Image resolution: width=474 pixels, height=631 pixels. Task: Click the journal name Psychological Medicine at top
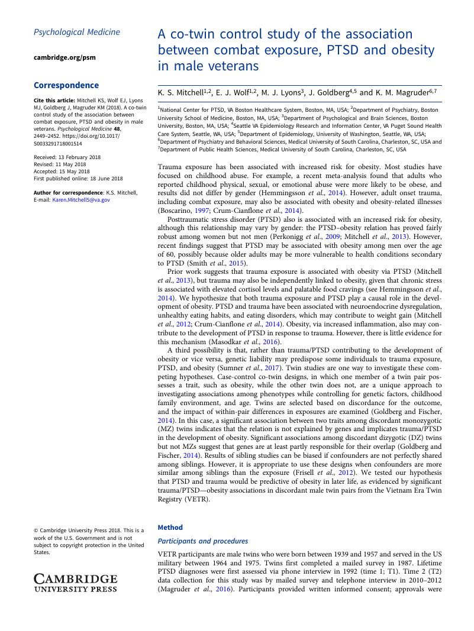[77, 32]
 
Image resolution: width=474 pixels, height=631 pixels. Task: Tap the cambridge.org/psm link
[65, 57]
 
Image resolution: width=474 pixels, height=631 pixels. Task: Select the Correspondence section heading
[66, 85]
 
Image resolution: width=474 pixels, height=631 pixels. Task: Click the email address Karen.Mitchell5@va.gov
[81, 200]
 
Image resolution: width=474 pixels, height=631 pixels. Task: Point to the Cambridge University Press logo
[76, 583]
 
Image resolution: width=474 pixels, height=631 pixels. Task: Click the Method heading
[170, 528]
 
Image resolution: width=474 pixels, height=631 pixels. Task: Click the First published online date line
[78, 178]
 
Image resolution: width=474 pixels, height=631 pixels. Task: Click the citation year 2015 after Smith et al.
[236, 263]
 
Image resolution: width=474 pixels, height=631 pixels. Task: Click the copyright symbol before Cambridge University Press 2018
[36, 530]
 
